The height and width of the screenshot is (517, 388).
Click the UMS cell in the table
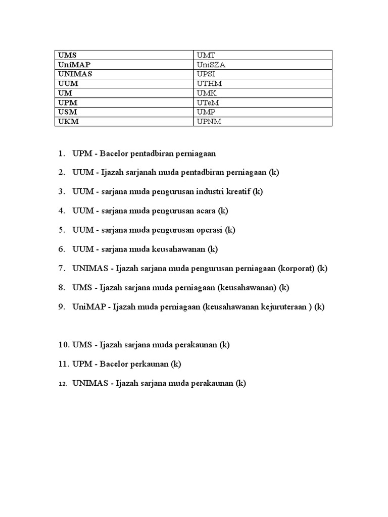pyautogui.click(x=124, y=55)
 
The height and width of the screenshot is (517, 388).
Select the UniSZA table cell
pyautogui.click(x=263, y=64)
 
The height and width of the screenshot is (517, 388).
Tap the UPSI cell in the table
pyautogui.click(x=263, y=74)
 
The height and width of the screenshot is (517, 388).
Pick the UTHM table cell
pyautogui.click(x=263, y=83)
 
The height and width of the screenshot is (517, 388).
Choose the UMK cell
pyautogui.click(x=263, y=93)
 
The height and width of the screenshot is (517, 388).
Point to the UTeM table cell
pyautogui.click(x=263, y=102)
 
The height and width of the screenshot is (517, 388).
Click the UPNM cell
pyautogui.click(x=263, y=122)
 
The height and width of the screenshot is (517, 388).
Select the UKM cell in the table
pyautogui.click(x=124, y=122)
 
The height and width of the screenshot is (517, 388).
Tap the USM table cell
pyautogui.click(x=124, y=112)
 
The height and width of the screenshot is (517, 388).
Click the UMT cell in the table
pyautogui.click(x=263, y=55)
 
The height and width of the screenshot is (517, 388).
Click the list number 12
pyautogui.click(x=63, y=384)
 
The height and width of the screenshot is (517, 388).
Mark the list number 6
pyautogui.click(x=62, y=249)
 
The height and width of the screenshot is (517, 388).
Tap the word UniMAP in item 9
pyautogui.click(x=88, y=307)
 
